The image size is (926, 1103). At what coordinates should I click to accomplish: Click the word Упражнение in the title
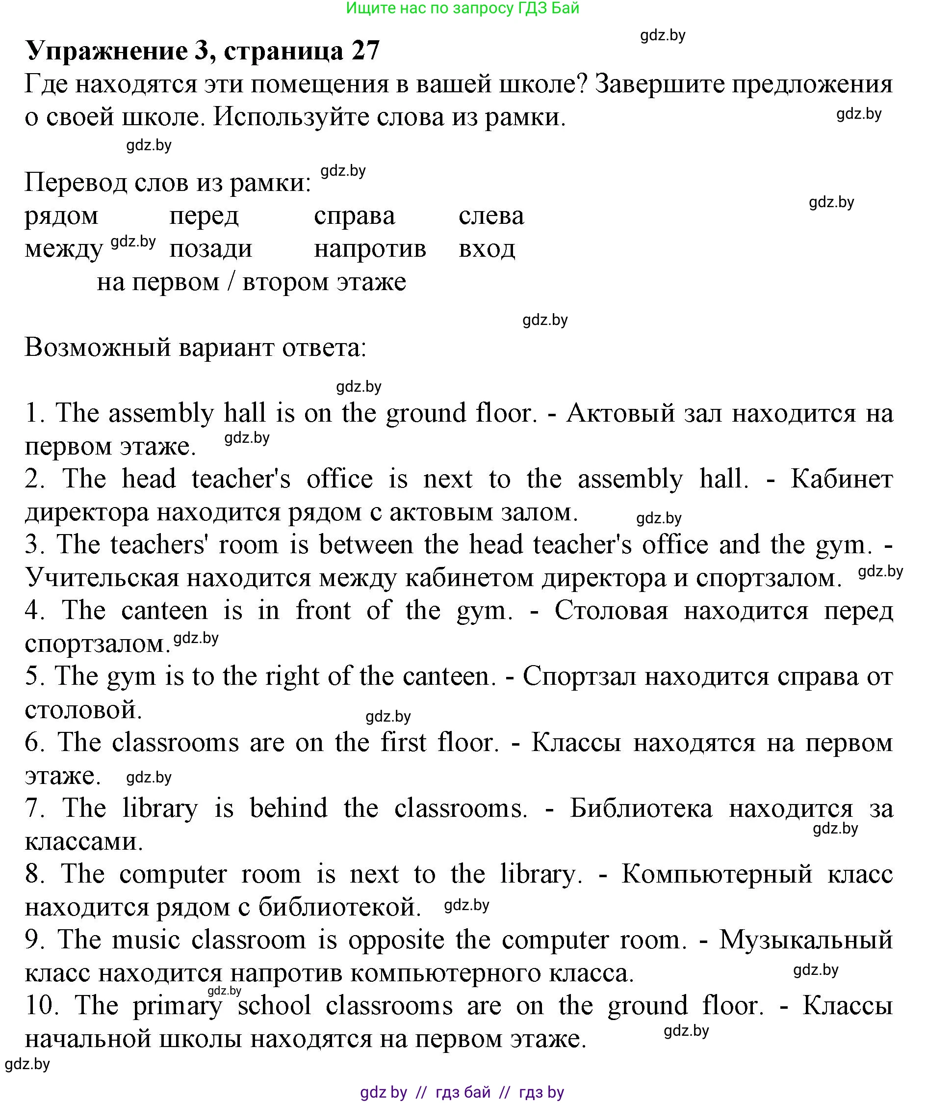click(106, 51)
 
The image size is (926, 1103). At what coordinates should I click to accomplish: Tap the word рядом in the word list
click(61, 216)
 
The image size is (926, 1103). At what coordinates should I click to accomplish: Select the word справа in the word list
click(354, 216)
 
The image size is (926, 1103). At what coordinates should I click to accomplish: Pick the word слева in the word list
click(491, 216)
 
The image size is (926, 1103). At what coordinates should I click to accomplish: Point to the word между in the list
click(64, 249)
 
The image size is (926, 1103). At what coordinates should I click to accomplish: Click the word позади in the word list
click(210, 249)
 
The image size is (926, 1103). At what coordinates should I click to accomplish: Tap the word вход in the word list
click(487, 249)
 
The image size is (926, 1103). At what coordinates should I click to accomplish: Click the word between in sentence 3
click(366, 545)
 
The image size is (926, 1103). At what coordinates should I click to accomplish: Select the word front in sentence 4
click(323, 610)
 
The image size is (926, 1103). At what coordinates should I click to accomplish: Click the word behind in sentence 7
click(288, 808)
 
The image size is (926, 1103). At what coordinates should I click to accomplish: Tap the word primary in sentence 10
click(178, 1006)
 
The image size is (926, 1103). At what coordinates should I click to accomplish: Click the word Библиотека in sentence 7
click(641, 808)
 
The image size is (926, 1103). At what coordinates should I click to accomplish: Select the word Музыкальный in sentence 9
click(806, 939)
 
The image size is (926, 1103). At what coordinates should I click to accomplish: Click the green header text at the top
click(463, 8)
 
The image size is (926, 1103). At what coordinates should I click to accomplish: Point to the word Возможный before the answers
click(98, 347)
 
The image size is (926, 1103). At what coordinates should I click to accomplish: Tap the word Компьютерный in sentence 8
click(717, 873)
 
